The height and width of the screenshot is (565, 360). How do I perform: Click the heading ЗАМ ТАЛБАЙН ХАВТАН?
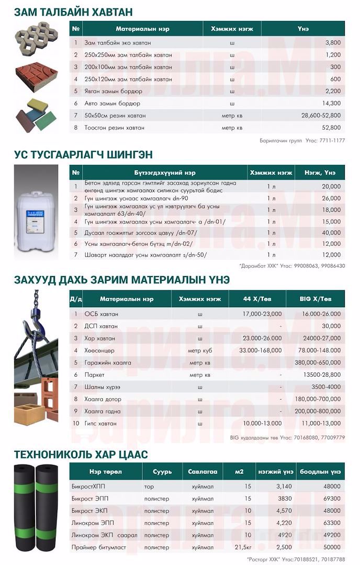(73, 12)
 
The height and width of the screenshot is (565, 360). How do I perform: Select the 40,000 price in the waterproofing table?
(331, 233)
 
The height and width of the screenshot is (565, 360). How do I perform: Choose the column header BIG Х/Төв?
(316, 299)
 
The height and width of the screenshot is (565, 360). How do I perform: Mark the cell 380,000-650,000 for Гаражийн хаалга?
(318, 363)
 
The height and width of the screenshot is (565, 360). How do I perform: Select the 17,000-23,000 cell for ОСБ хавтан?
(262, 314)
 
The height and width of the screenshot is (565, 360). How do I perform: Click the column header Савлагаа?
(203, 471)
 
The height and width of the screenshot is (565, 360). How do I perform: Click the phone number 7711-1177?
(332, 140)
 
